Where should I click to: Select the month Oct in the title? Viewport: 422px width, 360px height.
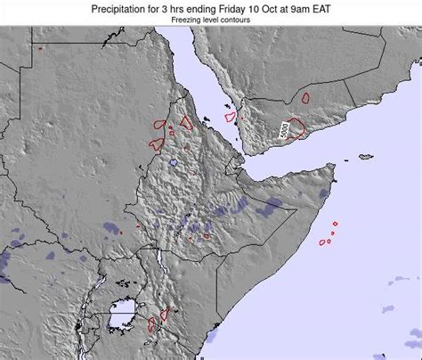click(272, 7)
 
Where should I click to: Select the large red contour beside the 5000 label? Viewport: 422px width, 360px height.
click(295, 131)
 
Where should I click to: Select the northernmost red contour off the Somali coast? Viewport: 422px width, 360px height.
click(335, 225)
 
